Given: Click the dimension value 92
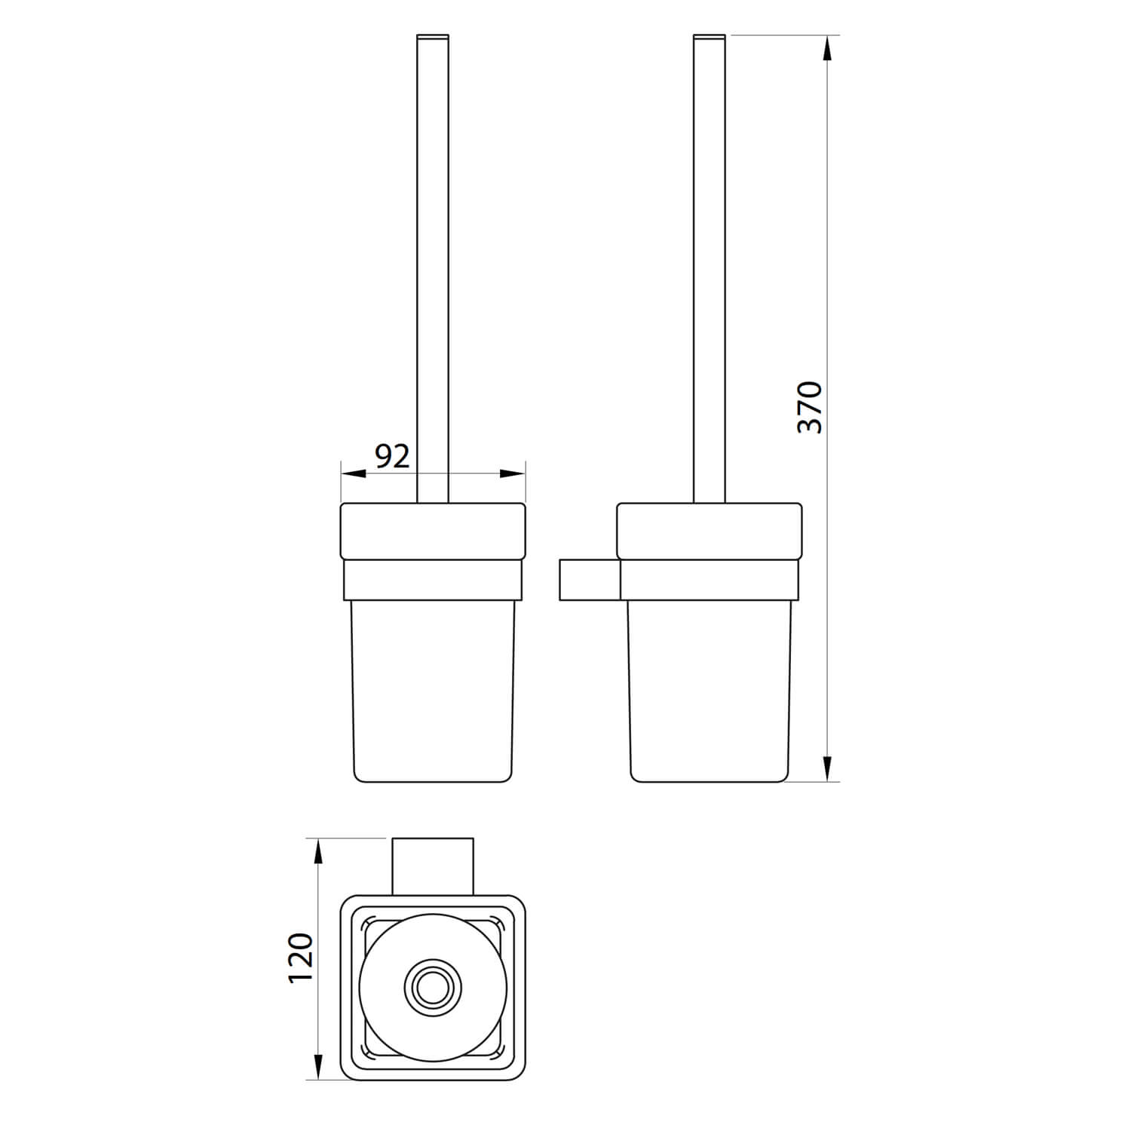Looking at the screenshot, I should coord(392,456).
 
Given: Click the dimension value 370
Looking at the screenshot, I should coord(810,407).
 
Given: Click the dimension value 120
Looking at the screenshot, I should coord(300,957).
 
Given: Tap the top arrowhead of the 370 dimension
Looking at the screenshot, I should coord(827,48).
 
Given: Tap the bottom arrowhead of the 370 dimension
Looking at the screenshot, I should coord(827,768).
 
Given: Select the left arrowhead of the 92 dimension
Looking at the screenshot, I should coord(354,474).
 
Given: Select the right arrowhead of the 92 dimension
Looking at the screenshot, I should coord(513,474).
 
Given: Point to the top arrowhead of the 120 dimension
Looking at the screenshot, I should coord(318,852).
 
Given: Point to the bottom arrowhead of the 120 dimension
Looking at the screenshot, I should coord(318,1065).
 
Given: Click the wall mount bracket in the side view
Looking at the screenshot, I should coord(589,580).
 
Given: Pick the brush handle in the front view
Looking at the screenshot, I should coord(432,264).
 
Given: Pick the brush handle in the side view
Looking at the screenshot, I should coord(709,264).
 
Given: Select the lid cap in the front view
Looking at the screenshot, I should coord(433,531).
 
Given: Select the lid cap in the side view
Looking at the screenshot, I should coord(710,531).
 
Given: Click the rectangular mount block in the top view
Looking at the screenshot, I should coord(432,866).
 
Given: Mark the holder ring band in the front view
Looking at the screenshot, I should coord(433,580).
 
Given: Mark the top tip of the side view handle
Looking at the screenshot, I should coord(709,37).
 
